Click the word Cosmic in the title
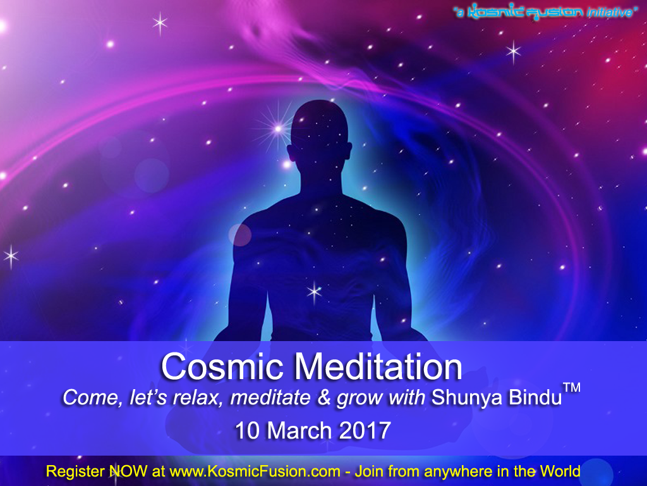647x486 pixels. pos(222,366)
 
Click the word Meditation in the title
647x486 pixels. pos(378,366)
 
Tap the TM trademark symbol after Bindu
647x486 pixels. pos(572,388)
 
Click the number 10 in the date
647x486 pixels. pos(247,430)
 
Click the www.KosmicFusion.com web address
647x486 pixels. pos(255,471)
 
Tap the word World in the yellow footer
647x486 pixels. pos(560,471)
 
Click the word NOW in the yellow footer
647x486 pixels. pos(128,471)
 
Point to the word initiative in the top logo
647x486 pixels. pos(610,12)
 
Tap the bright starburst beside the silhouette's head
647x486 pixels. pos(278,129)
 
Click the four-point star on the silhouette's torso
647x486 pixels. pos(315,292)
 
